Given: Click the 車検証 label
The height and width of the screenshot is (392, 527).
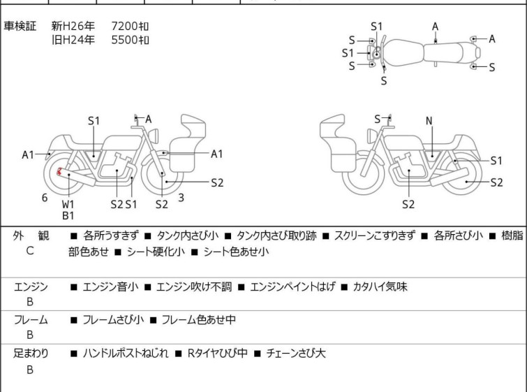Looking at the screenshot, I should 21,27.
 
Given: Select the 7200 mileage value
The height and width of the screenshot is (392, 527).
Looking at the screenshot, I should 130,27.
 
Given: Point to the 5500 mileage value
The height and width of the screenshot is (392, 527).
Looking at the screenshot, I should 130,40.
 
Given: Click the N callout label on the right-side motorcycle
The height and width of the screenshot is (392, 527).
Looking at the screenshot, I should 429,121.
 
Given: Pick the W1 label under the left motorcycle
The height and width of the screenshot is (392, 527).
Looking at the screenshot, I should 68,204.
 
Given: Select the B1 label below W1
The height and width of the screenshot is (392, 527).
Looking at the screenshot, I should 68,216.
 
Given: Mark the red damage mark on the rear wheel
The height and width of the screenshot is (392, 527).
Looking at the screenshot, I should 59,171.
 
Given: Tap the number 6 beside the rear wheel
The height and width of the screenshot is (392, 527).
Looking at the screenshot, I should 45,198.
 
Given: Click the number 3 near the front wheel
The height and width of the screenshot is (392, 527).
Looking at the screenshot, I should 181,198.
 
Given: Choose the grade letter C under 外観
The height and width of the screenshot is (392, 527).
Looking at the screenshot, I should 29,250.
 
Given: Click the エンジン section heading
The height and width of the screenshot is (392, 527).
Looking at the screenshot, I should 31,286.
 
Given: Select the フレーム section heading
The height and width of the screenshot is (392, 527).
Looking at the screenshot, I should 31,320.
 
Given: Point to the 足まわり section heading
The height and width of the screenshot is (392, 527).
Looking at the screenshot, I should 31,354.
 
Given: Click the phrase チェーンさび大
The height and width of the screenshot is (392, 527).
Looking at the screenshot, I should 292,354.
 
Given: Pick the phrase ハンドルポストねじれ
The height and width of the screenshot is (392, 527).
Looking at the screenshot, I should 126,354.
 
